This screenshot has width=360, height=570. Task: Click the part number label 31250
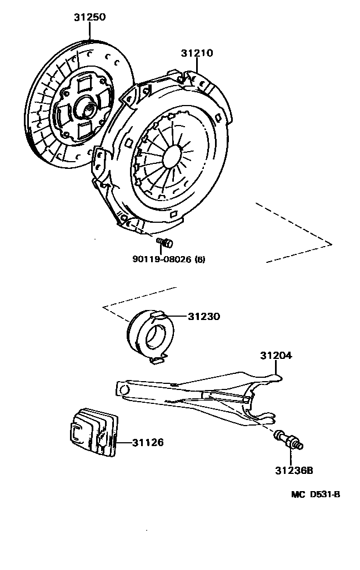(89, 18)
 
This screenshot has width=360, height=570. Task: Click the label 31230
(203, 317)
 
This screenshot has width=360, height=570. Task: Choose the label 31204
(276, 356)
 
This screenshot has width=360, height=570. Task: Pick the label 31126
(148, 443)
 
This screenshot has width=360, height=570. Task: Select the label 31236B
(293, 471)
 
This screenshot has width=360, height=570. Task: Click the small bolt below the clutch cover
(164, 242)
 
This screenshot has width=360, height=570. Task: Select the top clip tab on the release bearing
(157, 314)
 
